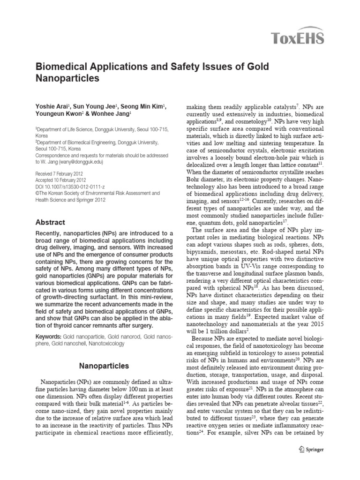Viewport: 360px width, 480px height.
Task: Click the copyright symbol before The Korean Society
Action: coord(37,193)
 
